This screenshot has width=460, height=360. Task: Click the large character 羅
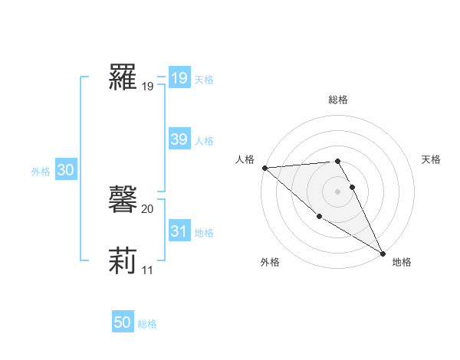[123, 77]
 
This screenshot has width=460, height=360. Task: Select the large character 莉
[123, 260]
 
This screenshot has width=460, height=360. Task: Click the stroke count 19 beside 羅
[147, 87]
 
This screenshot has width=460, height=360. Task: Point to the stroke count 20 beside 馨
[147, 208]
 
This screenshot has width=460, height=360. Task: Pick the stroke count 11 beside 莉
[147, 270]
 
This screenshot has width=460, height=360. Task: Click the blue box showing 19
[179, 77]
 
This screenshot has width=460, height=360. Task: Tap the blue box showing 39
[179, 139]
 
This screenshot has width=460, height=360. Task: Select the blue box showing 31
[179, 231]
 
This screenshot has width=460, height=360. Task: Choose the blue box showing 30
[65, 171]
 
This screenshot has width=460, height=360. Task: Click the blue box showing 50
[123, 322]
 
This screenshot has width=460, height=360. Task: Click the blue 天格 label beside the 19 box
[204, 79]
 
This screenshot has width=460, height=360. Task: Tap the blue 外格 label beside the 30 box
[41, 172]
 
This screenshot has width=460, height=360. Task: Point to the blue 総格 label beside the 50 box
[147, 324]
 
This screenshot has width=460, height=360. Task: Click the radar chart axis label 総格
[338, 100]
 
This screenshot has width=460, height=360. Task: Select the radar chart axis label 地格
[402, 262]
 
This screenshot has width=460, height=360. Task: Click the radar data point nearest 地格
[383, 253]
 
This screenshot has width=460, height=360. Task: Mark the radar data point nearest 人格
[264, 168]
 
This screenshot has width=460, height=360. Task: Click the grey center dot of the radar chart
[338, 191]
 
